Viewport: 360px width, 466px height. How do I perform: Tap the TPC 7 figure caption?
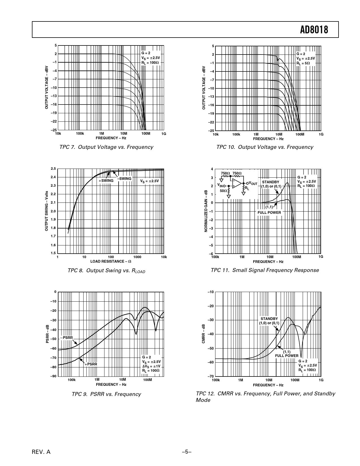pos(106,147)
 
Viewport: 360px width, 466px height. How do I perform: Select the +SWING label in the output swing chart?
pos(106,181)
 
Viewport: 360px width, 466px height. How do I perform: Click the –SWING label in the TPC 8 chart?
pos(125,179)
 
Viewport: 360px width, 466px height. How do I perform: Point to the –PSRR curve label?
pos(66,338)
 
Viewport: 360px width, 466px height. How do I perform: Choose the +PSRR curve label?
pos(91,364)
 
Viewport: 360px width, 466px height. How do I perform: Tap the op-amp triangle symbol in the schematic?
pos(237,184)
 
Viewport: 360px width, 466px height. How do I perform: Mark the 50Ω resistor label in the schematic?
pos(223,191)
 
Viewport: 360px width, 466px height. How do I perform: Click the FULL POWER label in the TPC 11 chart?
pos(269,212)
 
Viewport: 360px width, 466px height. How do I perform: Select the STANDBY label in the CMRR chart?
pos(269,319)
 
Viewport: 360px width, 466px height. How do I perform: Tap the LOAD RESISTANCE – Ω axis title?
pos(111,261)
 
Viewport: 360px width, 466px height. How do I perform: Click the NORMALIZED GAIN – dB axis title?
pos(206,211)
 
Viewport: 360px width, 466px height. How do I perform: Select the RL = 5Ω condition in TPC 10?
pos(303,63)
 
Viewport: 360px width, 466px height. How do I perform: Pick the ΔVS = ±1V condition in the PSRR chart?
pos(151,366)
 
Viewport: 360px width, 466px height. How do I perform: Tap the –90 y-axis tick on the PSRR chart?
pos(53,376)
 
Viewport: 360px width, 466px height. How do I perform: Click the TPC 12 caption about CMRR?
pos(265,397)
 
